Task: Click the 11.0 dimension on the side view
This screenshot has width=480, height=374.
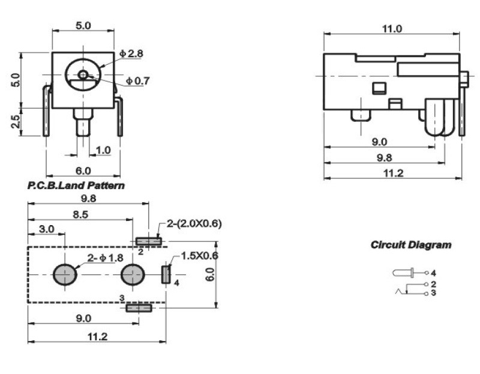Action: point(392,29)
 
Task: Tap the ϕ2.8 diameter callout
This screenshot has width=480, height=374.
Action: point(131,53)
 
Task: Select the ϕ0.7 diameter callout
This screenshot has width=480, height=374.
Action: point(138,81)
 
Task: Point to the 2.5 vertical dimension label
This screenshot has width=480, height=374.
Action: point(16,122)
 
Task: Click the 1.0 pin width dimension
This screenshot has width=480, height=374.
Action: point(103,150)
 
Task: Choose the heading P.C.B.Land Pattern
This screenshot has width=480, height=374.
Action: point(76,185)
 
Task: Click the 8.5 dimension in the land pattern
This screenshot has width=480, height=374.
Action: point(80,214)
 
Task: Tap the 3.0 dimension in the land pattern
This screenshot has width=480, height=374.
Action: point(47,229)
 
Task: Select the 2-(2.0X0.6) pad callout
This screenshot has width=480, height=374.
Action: point(194,223)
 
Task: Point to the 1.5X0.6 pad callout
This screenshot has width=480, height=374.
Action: point(200,256)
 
